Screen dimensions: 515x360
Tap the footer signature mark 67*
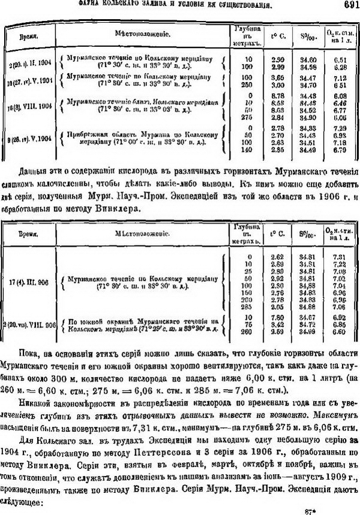(309, 511)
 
